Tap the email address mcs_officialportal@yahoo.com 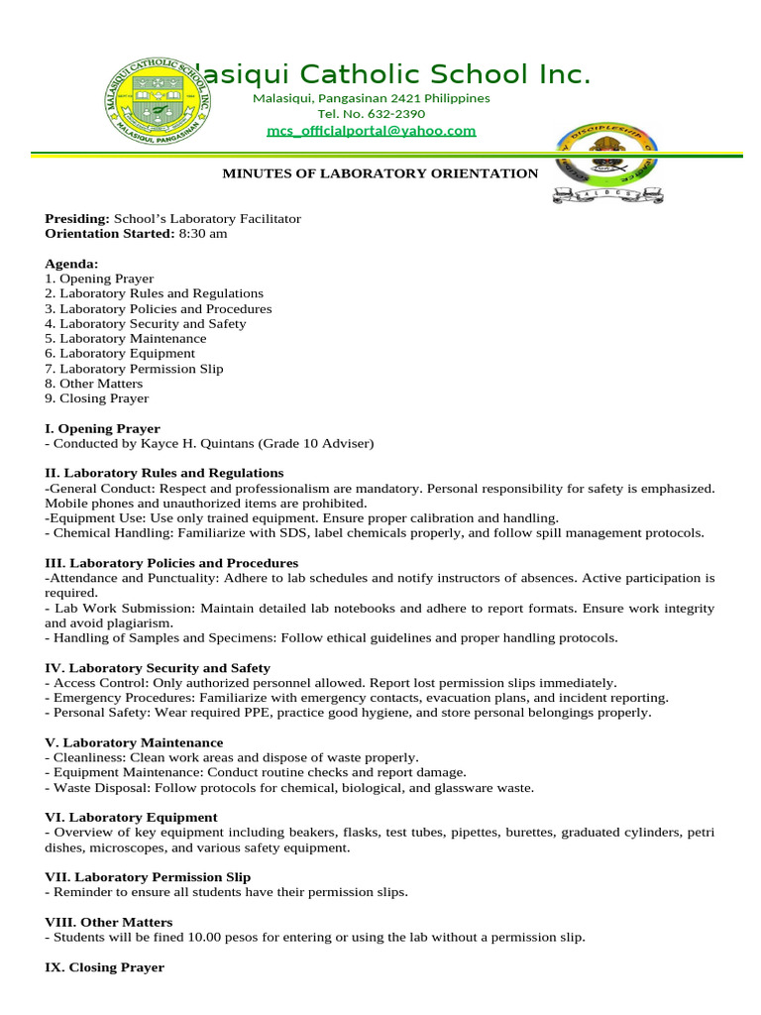click(371, 131)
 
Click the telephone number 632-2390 click(394, 114)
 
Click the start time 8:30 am click(202, 234)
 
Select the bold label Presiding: click(77, 218)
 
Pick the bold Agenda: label click(71, 264)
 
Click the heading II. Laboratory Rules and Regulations click(164, 473)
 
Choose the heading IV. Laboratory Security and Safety click(158, 668)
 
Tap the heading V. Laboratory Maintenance click(134, 742)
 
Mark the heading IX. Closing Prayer click(105, 966)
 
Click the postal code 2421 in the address click(406, 98)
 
